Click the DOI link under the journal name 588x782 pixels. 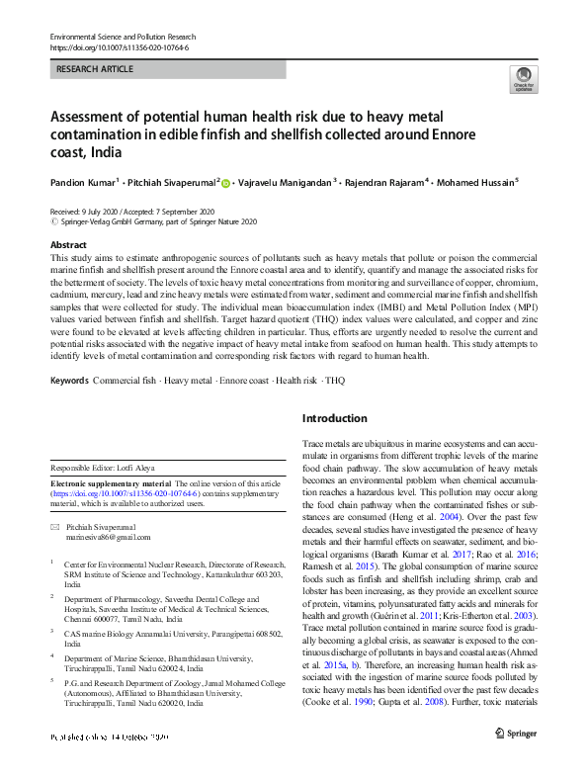119,47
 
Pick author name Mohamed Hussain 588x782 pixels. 478,182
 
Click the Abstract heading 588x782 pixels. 67,244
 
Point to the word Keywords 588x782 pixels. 69,381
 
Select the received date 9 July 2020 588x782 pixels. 85,212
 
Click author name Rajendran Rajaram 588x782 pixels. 378,182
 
